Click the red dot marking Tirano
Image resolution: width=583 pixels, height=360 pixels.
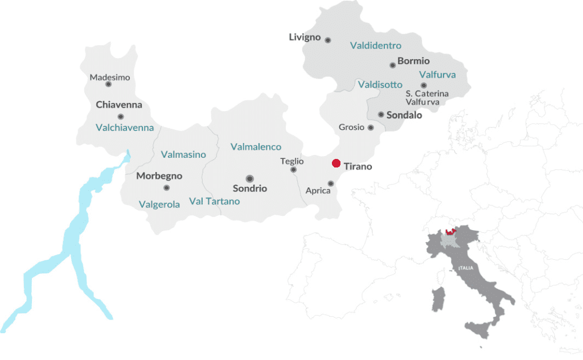[336, 164]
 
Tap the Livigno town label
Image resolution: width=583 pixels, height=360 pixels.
[305, 38]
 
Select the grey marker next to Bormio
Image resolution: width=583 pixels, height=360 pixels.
[392, 65]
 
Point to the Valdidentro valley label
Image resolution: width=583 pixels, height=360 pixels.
[376, 46]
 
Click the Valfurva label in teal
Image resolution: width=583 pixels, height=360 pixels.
[437, 75]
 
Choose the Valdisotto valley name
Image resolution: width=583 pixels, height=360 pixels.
[380, 85]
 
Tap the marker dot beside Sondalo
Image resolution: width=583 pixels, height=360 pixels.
[381, 114]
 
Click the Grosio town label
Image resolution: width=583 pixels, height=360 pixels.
[351, 128]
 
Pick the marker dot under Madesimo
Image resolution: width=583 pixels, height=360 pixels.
[108, 84]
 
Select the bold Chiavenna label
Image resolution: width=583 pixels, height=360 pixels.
[119, 105]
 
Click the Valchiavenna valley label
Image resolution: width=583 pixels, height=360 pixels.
[125, 128]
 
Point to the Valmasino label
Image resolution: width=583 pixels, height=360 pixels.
[183, 154]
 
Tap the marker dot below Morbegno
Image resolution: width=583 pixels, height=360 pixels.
[166, 187]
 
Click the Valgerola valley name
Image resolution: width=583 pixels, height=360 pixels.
[159, 204]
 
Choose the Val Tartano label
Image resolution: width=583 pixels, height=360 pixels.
[214, 201]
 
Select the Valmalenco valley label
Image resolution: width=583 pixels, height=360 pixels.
[256, 147]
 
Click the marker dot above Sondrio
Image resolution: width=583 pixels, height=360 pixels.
[249, 178]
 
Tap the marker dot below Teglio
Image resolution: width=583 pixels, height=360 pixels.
[294, 170]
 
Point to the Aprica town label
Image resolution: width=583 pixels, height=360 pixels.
[318, 191]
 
